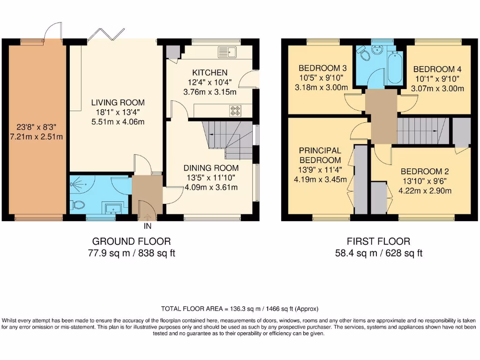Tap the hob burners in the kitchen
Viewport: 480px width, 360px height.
point(234,111)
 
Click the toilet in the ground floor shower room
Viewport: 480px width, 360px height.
point(78,205)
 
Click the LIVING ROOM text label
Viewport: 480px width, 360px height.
point(118,103)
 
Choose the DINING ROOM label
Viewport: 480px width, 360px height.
point(211,168)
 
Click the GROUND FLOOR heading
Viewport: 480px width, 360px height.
point(131,241)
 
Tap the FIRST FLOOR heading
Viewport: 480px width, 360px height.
point(378,241)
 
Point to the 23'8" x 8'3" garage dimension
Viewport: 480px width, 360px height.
point(33,127)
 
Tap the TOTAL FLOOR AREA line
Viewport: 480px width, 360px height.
point(240,308)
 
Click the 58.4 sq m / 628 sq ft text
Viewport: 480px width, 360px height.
point(378,254)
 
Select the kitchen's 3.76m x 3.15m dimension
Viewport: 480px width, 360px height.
point(210,92)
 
